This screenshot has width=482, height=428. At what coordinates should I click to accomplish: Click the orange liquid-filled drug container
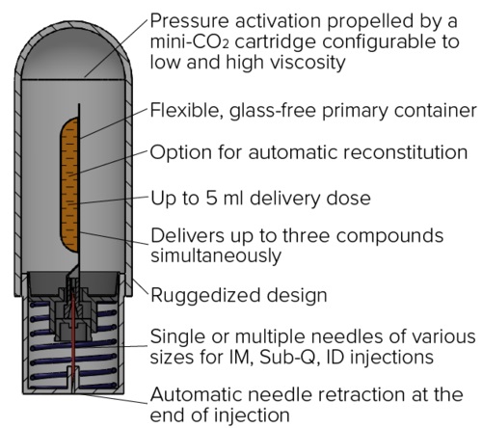(x=69, y=184)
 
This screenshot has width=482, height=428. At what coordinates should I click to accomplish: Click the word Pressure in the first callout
(x=189, y=21)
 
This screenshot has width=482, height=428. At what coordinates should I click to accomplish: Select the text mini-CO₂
(x=189, y=42)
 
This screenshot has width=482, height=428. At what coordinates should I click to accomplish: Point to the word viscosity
(x=308, y=63)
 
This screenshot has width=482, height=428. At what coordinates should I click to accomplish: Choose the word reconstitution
(x=406, y=152)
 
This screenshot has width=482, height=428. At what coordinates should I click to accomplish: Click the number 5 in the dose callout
(x=211, y=199)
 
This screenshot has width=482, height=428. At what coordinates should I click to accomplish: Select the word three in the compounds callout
(x=306, y=235)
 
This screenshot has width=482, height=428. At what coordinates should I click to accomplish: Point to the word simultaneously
(x=216, y=256)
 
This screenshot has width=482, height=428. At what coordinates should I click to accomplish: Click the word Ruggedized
(x=206, y=296)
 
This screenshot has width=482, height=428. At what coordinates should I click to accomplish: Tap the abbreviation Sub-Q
(x=287, y=358)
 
